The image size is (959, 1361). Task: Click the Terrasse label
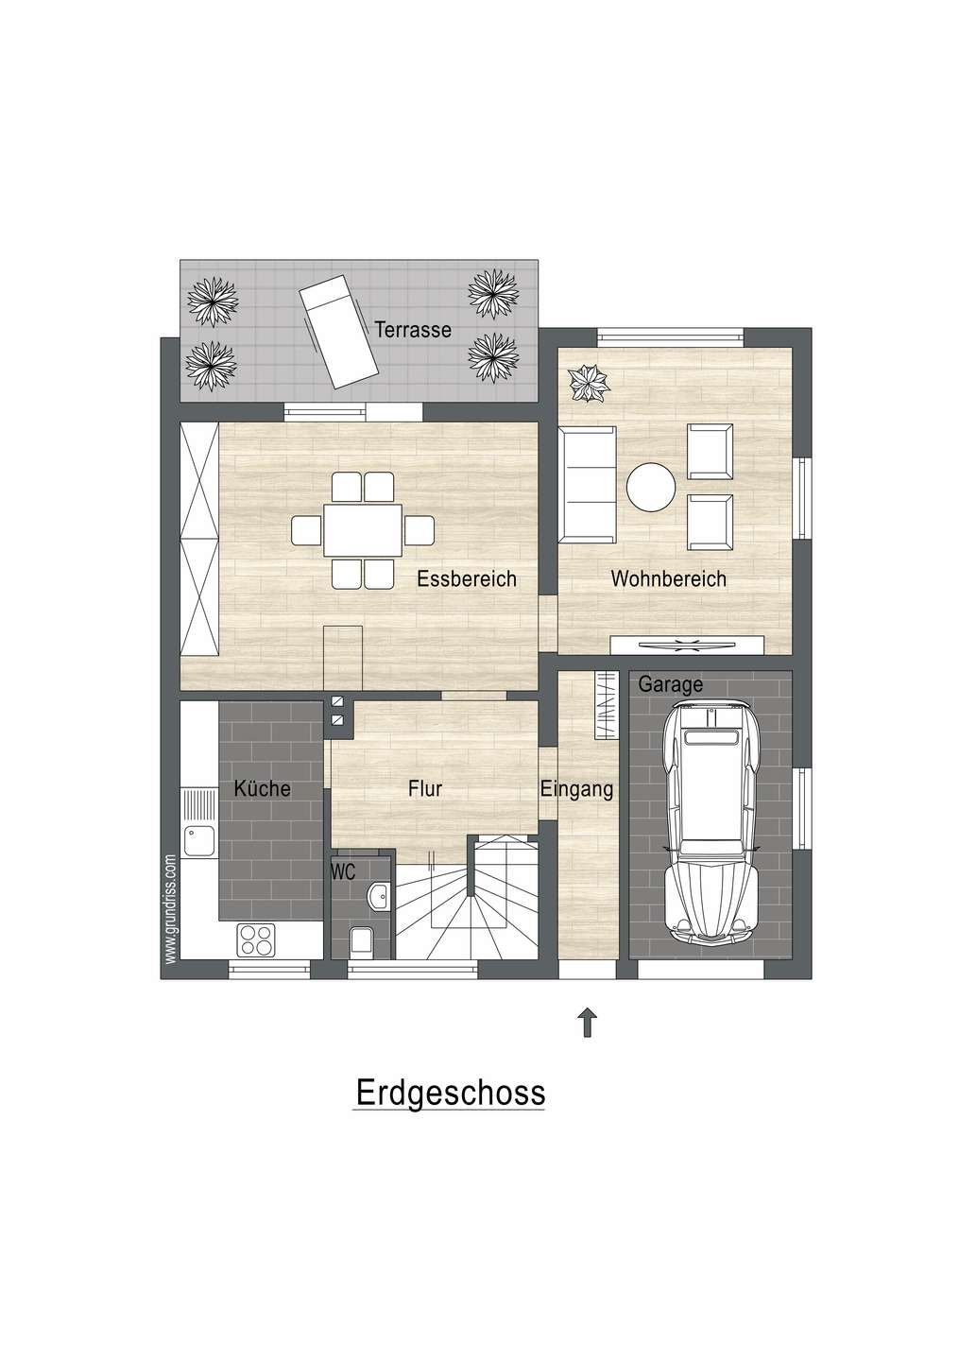[413, 331]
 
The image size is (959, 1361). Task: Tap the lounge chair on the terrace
[339, 337]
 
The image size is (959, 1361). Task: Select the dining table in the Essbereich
[363, 530]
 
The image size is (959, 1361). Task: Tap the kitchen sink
[199, 834]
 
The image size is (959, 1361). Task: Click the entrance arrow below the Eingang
[588, 1022]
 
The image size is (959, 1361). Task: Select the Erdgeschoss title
[450, 1093]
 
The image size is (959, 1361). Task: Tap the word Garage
[670, 684]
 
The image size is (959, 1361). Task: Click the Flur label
[425, 788]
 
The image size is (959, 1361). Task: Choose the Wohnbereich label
[669, 578]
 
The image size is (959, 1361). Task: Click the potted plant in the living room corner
[589, 383]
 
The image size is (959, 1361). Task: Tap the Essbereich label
[467, 578]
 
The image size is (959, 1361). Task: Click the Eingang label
[577, 788]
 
